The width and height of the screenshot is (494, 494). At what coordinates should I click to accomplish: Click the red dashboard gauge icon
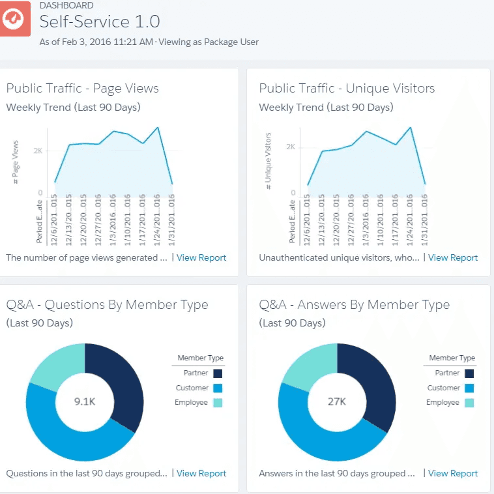[14, 19]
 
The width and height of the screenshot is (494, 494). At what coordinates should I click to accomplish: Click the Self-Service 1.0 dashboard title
[100, 22]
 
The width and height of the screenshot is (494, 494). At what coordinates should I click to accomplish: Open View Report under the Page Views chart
[201, 257]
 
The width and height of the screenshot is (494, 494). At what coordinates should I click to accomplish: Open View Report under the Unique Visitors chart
[453, 257]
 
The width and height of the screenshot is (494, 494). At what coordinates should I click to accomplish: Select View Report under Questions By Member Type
[201, 473]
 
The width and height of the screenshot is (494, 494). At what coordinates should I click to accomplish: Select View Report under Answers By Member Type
[453, 473]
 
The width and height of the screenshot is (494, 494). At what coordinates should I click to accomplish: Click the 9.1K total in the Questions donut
[85, 401]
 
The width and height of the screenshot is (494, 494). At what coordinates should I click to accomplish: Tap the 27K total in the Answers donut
[337, 401]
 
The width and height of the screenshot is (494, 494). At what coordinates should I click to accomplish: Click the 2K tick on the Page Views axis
[38, 151]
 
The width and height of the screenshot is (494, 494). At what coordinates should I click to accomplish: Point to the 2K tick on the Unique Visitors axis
[291, 147]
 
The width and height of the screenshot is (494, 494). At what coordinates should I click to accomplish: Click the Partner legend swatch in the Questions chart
[218, 373]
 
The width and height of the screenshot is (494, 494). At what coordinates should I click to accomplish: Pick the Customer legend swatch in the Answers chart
[469, 388]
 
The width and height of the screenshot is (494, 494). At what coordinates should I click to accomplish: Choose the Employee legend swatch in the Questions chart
[218, 403]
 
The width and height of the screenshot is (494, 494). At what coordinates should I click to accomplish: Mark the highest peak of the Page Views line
[158, 128]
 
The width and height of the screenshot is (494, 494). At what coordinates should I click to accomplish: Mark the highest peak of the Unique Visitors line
[411, 128]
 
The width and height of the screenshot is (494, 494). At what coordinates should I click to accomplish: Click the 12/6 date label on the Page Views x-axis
[54, 220]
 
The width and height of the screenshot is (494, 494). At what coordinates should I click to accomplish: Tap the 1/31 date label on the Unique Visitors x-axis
[424, 220]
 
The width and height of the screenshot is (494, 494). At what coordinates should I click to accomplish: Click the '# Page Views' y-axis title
[16, 162]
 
